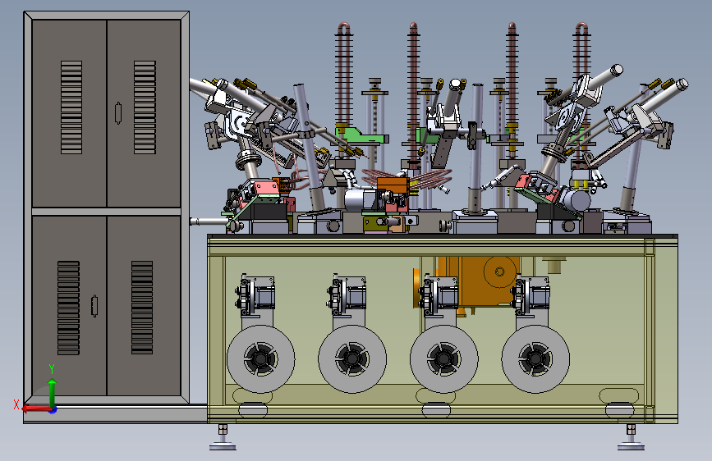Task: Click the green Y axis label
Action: pos(52,369)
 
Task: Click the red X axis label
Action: pos(16,404)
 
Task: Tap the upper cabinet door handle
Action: pos(118,113)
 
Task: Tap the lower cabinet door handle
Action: pos(94,306)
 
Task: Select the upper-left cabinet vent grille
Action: pos(71,107)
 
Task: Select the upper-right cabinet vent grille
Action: pos(145,107)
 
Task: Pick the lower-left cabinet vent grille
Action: pos(68,308)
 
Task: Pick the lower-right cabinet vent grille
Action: pos(142,307)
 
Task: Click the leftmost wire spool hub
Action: pos(260,358)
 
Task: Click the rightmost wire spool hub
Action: pos(535,358)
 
